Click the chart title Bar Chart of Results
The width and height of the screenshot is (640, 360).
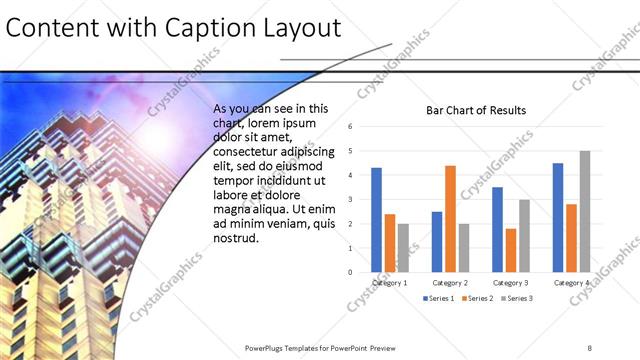click(x=476, y=110)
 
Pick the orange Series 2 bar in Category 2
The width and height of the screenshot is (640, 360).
click(x=450, y=218)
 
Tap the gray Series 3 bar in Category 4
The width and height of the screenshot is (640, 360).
click(x=584, y=211)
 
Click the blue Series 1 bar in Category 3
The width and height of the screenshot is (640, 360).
click(x=497, y=229)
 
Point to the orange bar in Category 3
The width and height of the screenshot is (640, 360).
click(x=510, y=250)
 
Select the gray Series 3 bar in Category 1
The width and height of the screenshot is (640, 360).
click(x=402, y=247)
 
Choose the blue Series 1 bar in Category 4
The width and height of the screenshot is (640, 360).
click(x=558, y=217)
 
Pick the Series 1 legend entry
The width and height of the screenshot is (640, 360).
click(x=439, y=299)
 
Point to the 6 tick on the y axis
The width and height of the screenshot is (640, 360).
click(x=351, y=127)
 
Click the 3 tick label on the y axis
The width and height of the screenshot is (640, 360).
click(x=351, y=199)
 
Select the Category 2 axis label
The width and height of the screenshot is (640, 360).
click(x=450, y=283)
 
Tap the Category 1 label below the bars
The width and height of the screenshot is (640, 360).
click(x=389, y=283)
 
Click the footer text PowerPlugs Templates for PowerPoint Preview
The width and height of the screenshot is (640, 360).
click(x=320, y=348)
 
